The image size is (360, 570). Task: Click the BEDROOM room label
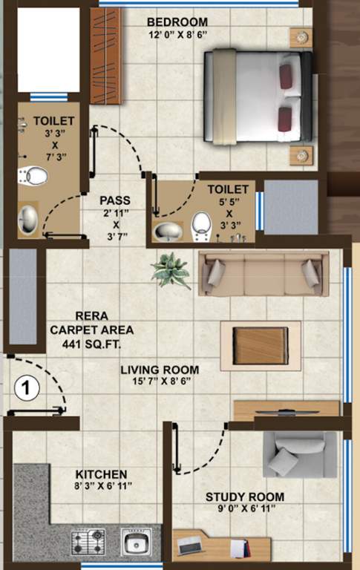click(177, 22)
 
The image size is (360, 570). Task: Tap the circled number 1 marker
click(26, 387)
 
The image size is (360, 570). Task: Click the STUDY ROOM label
click(245, 497)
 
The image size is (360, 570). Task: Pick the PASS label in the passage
click(115, 200)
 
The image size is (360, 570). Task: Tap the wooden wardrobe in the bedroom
click(105, 56)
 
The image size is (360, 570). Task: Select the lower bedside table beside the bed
click(301, 155)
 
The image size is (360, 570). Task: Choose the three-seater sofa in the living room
click(264, 271)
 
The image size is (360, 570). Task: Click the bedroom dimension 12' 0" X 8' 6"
click(177, 35)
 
